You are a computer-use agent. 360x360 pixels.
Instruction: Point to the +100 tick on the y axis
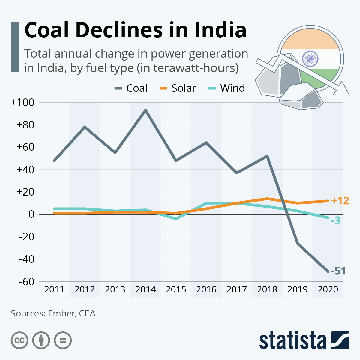tap(22, 102)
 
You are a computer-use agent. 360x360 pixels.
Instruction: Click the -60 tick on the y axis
tap(26, 282)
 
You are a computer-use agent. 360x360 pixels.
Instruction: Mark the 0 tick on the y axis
tap(31, 214)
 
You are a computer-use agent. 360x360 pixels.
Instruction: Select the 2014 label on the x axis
tap(145, 289)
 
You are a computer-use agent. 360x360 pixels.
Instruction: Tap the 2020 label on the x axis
tap(328, 289)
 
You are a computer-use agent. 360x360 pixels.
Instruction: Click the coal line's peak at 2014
tap(145, 110)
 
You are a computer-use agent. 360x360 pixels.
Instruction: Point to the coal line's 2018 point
tap(267, 156)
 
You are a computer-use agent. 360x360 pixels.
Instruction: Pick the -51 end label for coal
tap(338, 271)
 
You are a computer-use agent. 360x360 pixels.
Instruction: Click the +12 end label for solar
tap(340, 201)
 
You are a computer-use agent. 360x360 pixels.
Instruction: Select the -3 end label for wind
tap(336, 221)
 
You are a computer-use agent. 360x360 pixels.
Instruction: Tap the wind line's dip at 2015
tap(176, 219)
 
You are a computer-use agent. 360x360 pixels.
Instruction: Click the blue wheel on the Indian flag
tap(310, 58)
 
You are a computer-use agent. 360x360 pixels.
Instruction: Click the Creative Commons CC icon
tap(19, 340)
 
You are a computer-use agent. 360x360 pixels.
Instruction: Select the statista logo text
tap(293, 341)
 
